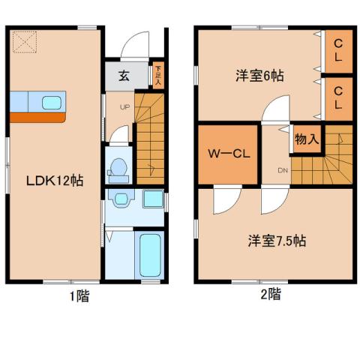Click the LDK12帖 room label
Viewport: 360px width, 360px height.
pos(54,181)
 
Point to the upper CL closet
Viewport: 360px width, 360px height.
pos(338,50)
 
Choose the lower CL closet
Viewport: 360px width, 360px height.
pos(338,97)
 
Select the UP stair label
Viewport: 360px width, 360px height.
pos(125,106)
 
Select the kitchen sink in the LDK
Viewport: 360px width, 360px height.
pos(52,103)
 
